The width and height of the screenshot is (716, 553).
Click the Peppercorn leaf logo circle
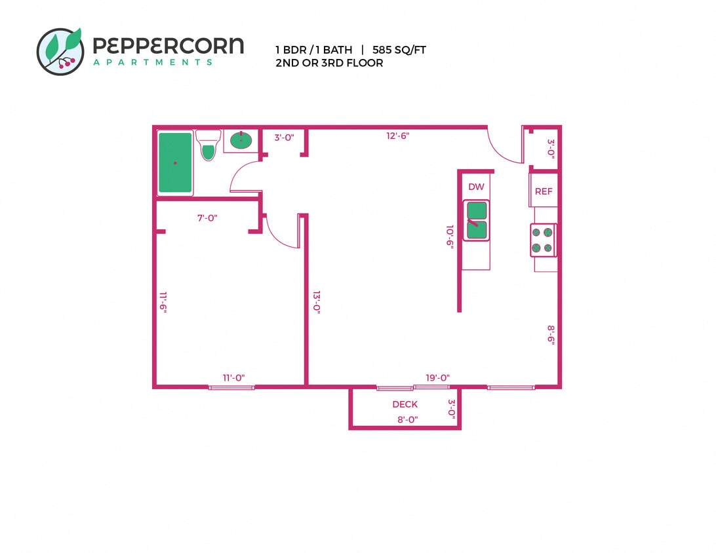pos(60,51)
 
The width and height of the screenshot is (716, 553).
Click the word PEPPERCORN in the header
pos(168,46)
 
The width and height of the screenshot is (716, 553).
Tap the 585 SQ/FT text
pos(399,50)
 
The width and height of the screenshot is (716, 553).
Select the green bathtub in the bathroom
pos(176,163)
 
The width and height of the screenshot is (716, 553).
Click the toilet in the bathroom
pos(209,145)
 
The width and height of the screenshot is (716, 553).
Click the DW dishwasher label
pos(476,187)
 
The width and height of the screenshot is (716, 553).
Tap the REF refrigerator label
pos(544,192)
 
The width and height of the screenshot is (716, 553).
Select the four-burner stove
pos(544,240)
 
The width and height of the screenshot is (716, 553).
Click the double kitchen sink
pos(477,220)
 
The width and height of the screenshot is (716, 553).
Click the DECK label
pos(405,404)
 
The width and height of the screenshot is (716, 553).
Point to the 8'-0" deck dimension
pos(407,419)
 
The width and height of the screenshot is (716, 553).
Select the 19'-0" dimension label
pos(437,377)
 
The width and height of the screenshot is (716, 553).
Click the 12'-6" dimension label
pos(398,136)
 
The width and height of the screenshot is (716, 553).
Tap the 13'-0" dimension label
pos(316,303)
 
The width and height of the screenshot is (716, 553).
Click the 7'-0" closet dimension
pos(207,218)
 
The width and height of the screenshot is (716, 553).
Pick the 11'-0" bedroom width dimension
pos(233,377)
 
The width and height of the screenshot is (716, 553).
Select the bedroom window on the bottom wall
pos(231,387)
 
